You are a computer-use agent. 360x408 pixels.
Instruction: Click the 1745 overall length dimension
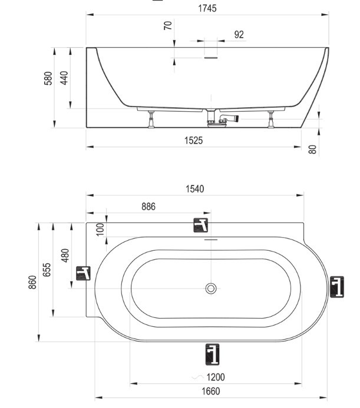click(x=207, y=8)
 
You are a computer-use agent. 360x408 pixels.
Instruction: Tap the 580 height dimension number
click(x=48, y=78)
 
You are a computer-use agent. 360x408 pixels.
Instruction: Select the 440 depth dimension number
click(x=64, y=78)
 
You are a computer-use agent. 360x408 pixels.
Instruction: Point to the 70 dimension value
click(x=168, y=25)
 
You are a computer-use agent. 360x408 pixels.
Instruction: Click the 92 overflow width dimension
click(x=239, y=34)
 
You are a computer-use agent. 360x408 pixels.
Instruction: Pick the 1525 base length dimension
click(x=193, y=141)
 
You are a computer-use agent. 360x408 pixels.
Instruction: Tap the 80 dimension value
click(x=312, y=150)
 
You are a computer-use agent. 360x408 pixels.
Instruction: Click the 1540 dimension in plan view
click(x=195, y=189)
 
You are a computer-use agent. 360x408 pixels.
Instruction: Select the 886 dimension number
click(x=148, y=207)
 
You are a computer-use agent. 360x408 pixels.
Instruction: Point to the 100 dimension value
click(x=100, y=229)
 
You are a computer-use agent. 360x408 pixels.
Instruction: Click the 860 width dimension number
click(x=32, y=282)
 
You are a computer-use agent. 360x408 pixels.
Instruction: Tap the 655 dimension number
click(x=47, y=270)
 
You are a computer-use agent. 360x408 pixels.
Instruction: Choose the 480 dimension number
click(x=65, y=256)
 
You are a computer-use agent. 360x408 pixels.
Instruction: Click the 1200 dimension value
click(x=216, y=377)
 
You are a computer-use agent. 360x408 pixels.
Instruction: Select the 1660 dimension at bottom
click(x=211, y=391)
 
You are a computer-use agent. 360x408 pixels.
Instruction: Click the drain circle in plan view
click(x=211, y=288)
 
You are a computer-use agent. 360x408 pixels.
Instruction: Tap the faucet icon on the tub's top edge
click(x=200, y=225)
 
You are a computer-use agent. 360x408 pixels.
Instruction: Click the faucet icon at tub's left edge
click(x=83, y=273)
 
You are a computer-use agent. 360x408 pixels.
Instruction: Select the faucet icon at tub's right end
click(x=337, y=287)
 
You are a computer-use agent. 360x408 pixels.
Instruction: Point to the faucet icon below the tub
click(x=212, y=354)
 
